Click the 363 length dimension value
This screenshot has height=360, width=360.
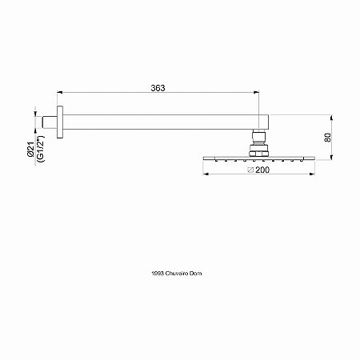pos(158,88)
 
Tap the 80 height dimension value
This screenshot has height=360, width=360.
pos(328,138)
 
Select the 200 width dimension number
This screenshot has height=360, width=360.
pos(262,170)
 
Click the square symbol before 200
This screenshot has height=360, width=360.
pos(250,170)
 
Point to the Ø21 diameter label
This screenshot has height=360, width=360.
pos(30,150)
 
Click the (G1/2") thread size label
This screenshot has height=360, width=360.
pos(41,149)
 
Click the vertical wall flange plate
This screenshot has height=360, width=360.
pos(60,122)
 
